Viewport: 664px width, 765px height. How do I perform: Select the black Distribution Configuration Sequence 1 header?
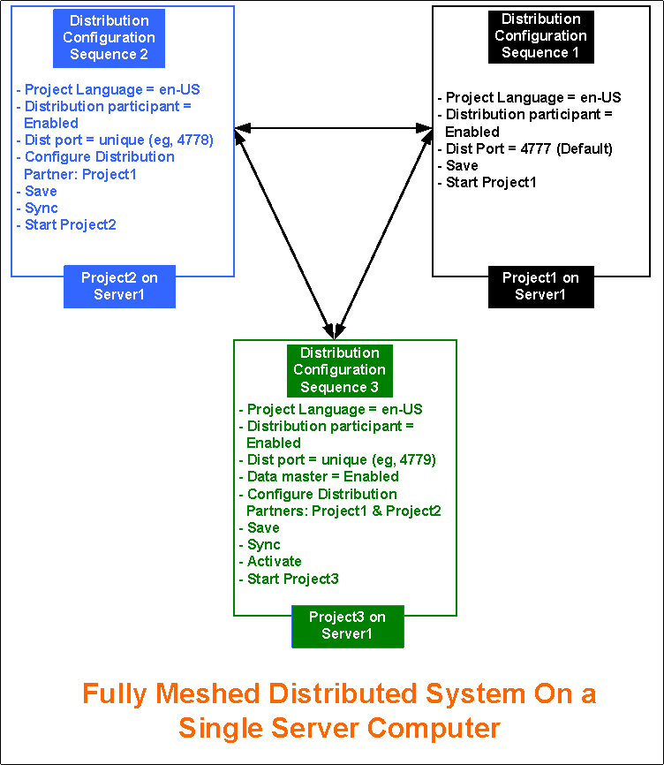click(x=541, y=36)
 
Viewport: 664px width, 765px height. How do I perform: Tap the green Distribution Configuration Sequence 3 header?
click(x=339, y=370)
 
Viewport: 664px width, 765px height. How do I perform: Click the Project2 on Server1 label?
click(x=119, y=286)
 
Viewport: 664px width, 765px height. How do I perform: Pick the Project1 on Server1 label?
click(x=540, y=286)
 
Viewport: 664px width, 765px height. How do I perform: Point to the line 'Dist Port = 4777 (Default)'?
click(x=529, y=148)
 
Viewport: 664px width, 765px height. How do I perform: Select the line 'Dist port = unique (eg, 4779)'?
click(x=337, y=460)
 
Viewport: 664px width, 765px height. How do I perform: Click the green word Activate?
click(x=274, y=562)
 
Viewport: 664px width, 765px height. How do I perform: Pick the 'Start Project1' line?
click(x=490, y=183)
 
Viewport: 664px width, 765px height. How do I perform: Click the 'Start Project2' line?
click(x=70, y=224)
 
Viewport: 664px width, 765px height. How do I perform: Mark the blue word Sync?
click(x=41, y=208)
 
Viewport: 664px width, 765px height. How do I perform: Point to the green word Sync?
click(x=263, y=545)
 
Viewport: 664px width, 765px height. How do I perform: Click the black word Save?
click(x=461, y=165)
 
